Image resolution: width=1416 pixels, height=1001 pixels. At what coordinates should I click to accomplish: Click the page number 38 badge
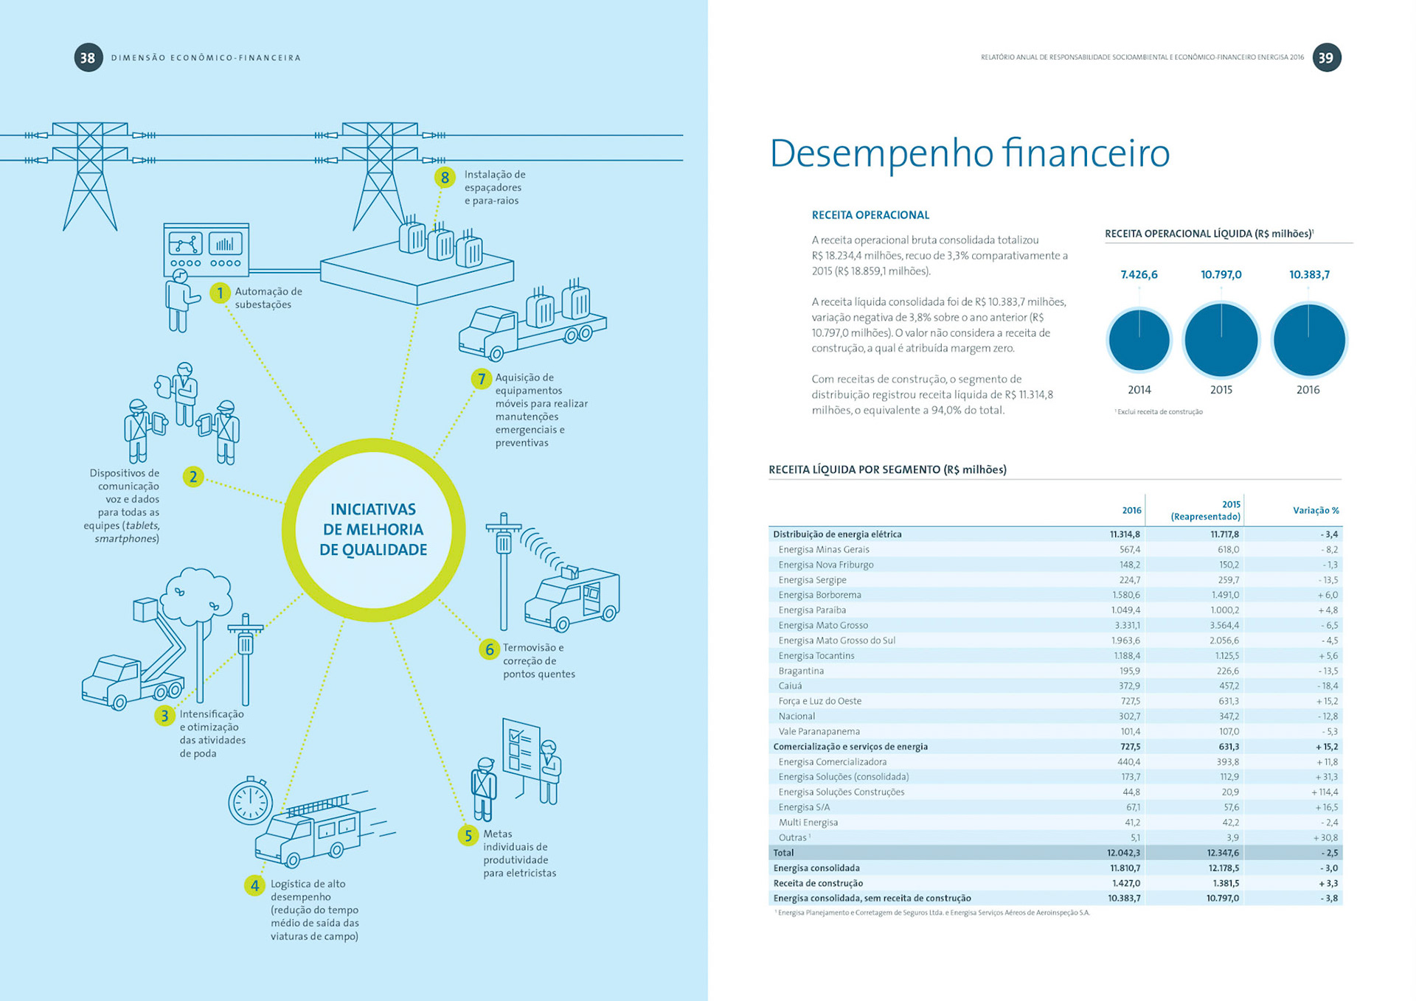(x=88, y=57)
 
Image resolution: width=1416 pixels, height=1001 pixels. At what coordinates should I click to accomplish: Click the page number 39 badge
(x=1326, y=57)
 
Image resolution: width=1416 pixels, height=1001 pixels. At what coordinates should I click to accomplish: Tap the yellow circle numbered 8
(x=444, y=178)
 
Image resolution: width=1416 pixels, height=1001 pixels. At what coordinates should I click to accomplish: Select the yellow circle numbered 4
(x=254, y=885)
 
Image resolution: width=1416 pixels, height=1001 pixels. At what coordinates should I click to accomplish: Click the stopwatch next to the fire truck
(x=250, y=801)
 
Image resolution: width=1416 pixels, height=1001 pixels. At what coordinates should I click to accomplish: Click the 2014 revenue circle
(x=1139, y=341)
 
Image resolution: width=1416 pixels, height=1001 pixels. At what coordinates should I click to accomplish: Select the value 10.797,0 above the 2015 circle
(x=1221, y=275)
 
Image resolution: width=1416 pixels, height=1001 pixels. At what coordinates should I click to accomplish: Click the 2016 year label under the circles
(x=1308, y=390)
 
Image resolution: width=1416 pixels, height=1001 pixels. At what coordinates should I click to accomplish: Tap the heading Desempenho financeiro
(x=969, y=153)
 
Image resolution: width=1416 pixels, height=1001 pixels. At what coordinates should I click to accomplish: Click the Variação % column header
(x=1316, y=511)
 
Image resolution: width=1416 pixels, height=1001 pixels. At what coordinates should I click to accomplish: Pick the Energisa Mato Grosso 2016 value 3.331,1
(x=1126, y=625)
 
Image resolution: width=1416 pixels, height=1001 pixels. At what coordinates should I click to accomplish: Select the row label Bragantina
(x=801, y=671)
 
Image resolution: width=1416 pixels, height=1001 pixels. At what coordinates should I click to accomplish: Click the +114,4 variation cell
(x=1325, y=792)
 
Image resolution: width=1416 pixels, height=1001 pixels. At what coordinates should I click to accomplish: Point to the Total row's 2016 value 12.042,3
(x=1123, y=853)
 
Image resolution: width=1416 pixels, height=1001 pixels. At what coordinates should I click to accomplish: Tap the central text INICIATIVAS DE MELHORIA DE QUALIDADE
(x=373, y=529)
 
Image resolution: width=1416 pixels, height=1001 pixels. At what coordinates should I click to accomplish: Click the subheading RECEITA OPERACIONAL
(x=870, y=215)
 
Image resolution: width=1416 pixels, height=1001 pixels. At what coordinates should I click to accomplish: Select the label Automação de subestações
(x=268, y=298)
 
